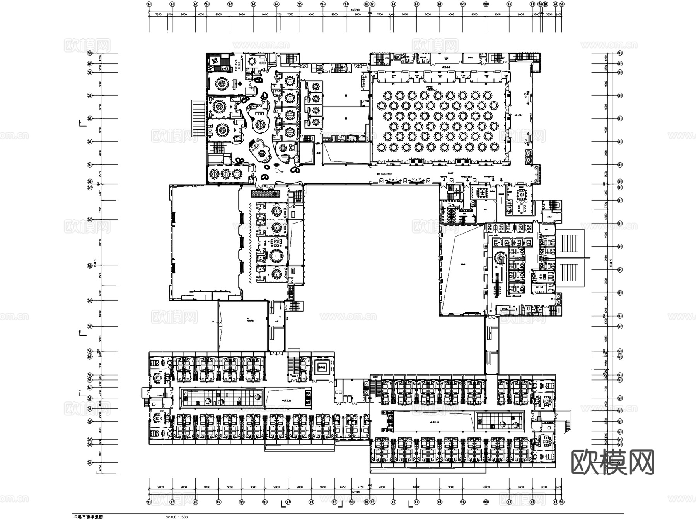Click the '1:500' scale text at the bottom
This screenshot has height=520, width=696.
tap(177, 517)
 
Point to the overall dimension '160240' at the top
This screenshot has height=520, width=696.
tap(355, 10)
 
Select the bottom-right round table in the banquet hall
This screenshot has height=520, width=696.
tap(494, 147)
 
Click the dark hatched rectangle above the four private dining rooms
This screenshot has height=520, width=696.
tap(265, 193)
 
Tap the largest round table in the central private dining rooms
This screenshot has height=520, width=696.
tap(277, 255)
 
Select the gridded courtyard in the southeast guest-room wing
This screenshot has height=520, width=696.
tap(501, 421)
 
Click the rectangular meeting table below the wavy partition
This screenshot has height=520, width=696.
tap(522, 208)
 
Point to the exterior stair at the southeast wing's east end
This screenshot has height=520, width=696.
tap(567, 422)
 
